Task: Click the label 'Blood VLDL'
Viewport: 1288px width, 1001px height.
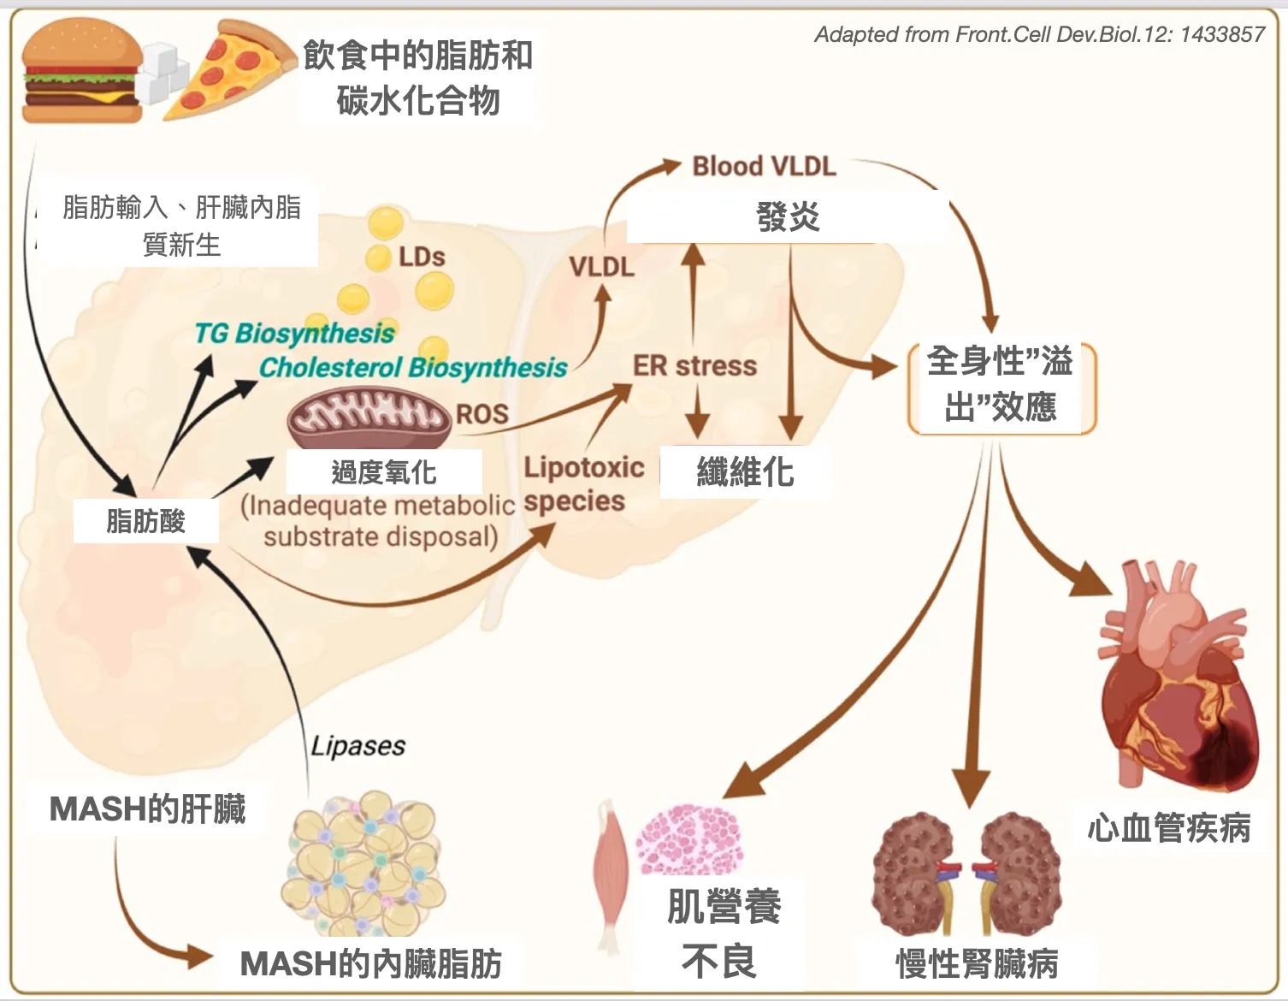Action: [764, 166]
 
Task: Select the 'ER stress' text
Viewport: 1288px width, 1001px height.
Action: [694, 366]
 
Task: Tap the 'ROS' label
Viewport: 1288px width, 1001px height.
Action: [482, 414]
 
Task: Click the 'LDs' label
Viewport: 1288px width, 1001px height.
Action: [422, 257]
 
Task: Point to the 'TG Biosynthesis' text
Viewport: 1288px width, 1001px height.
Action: [294, 333]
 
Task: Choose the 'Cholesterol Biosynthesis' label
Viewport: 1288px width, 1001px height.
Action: [413, 368]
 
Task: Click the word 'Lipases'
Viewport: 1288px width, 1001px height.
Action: [357, 746]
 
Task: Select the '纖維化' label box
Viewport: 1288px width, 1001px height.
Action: [745, 471]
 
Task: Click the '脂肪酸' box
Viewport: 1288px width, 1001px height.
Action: [145, 521]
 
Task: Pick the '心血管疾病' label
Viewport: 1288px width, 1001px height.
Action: [1169, 827]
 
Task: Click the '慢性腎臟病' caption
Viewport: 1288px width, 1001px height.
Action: [977, 964]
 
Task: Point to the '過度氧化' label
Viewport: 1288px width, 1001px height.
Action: [383, 471]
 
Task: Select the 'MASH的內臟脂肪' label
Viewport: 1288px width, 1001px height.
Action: [370, 963]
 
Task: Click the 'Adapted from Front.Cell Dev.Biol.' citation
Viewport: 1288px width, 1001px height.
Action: [1038, 34]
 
